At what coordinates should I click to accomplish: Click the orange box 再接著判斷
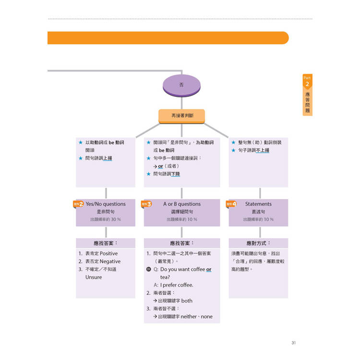[181, 116]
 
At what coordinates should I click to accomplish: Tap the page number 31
[294, 342]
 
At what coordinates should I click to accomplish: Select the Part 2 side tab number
[307, 84]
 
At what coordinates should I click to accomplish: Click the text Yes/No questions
[105, 204]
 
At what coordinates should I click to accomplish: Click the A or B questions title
[182, 204]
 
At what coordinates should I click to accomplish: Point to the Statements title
[258, 204]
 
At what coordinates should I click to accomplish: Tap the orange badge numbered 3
[147, 204]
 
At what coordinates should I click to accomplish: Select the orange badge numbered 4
[232, 204]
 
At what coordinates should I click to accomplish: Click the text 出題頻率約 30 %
[105, 219]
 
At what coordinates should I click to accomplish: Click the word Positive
[108, 253]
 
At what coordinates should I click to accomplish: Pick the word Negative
[110, 262]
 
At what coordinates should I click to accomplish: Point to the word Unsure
[94, 277]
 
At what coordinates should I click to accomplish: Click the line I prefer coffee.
[177, 285]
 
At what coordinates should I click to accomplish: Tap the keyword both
[187, 301]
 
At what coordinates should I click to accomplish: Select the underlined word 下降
[175, 174]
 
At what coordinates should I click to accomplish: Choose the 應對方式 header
[258, 243]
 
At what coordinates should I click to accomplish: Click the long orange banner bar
[168, 38]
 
